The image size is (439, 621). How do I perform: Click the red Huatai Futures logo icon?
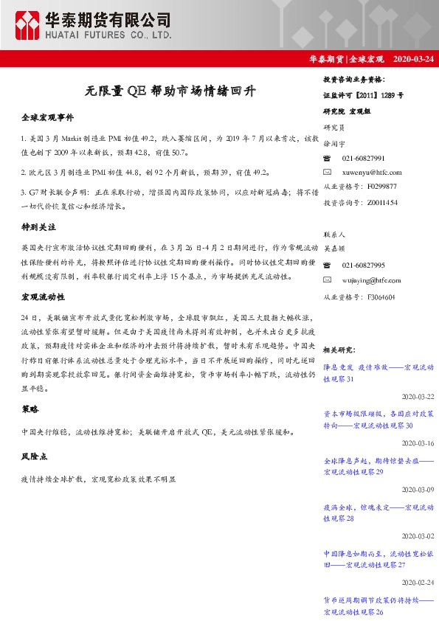point(28,26)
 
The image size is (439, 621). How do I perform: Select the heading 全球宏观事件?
point(48,117)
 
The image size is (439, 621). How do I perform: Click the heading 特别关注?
point(39,229)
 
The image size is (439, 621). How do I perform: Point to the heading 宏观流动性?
point(44,296)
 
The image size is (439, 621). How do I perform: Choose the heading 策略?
point(30,409)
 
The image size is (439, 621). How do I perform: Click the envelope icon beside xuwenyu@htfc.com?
point(328,172)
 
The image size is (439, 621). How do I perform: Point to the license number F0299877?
point(381,187)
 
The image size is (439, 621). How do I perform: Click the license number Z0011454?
point(382,201)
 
